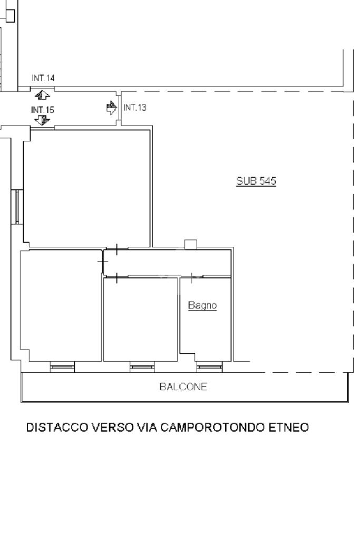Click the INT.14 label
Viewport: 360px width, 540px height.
point(43,78)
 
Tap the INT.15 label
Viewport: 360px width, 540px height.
point(43,110)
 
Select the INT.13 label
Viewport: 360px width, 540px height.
point(135,108)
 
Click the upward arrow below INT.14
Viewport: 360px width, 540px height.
point(42,95)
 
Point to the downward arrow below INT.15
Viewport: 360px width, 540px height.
point(42,120)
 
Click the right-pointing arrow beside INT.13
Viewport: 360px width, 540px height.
point(112,108)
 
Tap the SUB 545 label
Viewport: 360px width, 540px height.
point(256,181)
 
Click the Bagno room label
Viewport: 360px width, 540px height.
point(202,305)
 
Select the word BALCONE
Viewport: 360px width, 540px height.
point(183,387)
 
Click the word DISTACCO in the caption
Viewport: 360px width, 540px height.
point(57,427)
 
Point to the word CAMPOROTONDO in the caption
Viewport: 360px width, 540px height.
point(213,427)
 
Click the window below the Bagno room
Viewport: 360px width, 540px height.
point(210,367)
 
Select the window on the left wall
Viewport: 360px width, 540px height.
point(17,207)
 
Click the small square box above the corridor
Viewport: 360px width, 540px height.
point(191,244)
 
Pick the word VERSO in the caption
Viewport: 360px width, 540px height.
point(112,427)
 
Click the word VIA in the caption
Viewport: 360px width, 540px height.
point(147,427)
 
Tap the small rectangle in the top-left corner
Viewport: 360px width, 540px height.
point(11,16)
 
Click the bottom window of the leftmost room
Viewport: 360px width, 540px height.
point(62,367)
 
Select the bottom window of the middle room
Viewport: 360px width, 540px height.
point(142,367)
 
